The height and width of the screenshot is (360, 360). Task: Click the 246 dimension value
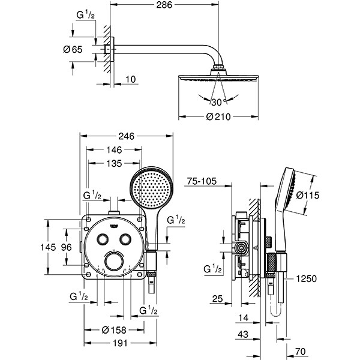[126, 136]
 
